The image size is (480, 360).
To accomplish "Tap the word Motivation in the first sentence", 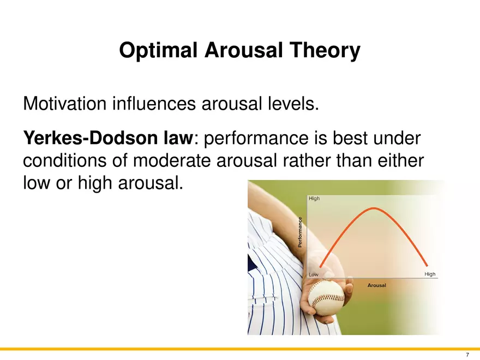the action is [x=65, y=103].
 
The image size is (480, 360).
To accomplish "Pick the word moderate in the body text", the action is [x=172, y=160].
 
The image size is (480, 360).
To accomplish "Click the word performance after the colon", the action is [x=256, y=139].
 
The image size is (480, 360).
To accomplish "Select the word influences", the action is [x=154, y=103].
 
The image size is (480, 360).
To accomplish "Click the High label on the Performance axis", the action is [x=314, y=199].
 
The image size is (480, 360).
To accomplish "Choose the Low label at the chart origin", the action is [x=314, y=274].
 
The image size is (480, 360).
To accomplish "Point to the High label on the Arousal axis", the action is [x=430, y=274].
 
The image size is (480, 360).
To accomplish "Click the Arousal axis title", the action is [x=376, y=285].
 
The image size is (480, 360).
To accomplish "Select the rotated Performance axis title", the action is [x=300, y=232].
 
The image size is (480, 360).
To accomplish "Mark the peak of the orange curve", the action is [x=374, y=208].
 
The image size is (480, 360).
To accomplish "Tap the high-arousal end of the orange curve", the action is [x=427, y=265].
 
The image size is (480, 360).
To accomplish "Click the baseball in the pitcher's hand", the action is [x=326, y=297].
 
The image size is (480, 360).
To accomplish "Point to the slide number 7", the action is [x=467, y=355].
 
